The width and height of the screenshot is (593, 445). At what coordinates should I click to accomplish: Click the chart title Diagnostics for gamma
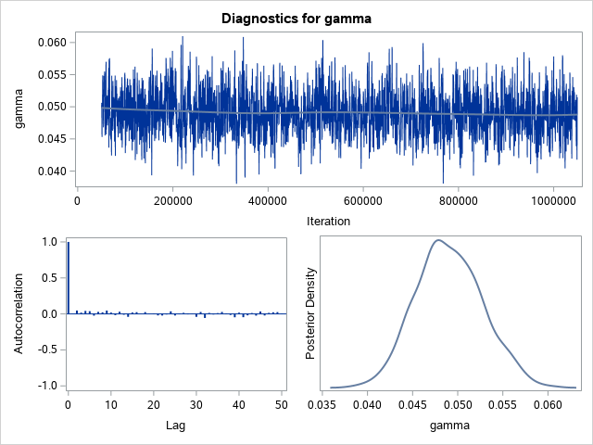click(x=296, y=18)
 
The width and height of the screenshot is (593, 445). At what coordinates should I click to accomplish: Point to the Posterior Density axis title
click(x=311, y=313)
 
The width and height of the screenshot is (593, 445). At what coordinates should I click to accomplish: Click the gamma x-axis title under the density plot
click(x=450, y=426)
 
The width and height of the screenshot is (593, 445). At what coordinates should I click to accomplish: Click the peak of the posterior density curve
click(x=438, y=240)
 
